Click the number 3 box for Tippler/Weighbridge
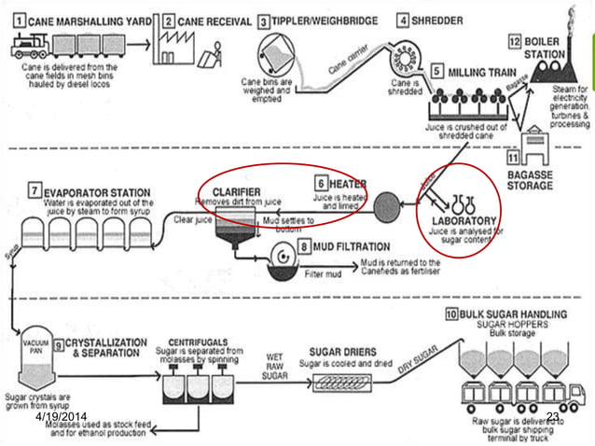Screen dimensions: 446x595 265,20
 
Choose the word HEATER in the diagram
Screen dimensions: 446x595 352,183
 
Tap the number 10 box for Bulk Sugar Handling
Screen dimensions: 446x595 451,315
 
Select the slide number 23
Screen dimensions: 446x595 552,416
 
